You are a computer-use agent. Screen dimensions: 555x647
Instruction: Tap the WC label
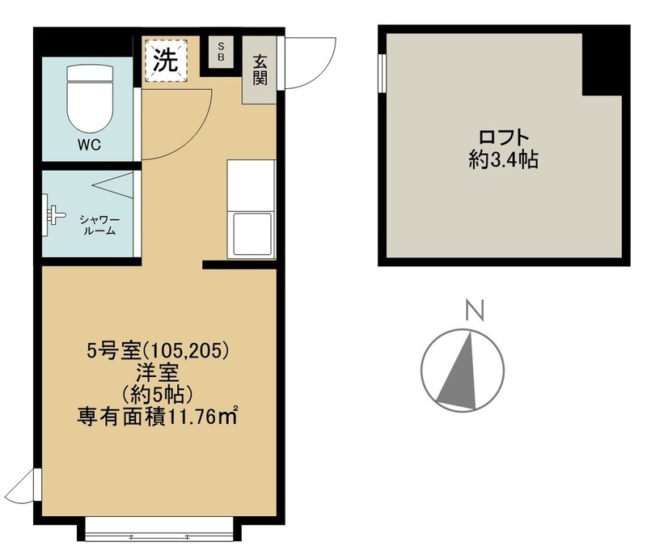coord(90,146)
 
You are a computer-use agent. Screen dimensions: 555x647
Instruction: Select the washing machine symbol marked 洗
coord(166,59)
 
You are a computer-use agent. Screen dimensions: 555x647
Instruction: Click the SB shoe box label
coord(221,53)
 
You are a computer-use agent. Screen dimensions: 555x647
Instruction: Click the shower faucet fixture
coord(55,214)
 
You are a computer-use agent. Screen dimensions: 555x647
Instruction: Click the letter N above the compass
coord(475,311)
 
